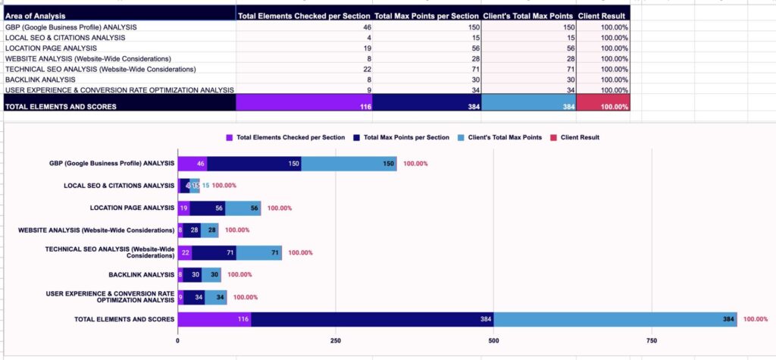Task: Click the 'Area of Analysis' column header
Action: [x=35, y=15]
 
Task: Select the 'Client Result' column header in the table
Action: [x=602, y=15]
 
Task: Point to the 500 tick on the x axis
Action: [x=493, y=341]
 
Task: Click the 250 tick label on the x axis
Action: [x=335, y=341]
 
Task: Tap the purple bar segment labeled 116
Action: [x=214, y=319]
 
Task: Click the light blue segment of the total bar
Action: [x=615, y=319]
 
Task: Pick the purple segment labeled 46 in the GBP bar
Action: [x=192, y=163]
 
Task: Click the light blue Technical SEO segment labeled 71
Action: [x=258, y=252]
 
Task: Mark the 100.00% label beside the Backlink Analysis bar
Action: [x=239, y=275]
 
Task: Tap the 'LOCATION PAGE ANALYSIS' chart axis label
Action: [x=132, y=208]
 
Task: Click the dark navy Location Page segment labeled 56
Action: [x=208, y=208]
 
